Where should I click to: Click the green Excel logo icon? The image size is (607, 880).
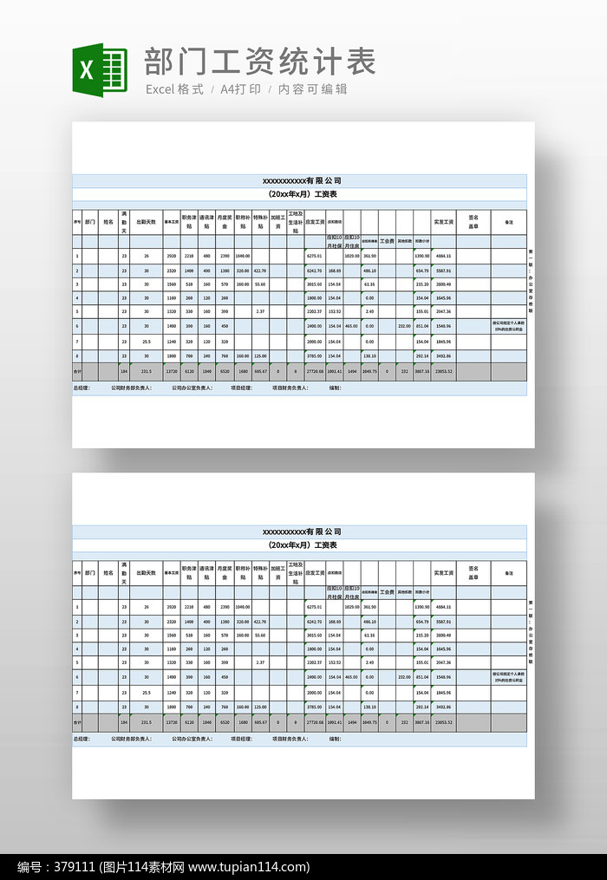tap(87, 70)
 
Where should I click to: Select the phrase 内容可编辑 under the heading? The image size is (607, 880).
tap(312, 89)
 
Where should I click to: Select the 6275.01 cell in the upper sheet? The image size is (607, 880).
tap(314, 256)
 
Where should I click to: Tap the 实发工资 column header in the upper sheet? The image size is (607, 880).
tap(443, 222)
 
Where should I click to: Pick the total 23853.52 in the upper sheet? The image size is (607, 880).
tap(443, 371)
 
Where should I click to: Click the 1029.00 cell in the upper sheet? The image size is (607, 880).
tap(351, 256)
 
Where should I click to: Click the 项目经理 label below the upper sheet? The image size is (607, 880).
tap(242, 388)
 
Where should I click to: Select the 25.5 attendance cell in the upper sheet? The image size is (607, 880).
tap(147, 341)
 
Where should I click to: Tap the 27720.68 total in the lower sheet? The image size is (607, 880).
tap(314, 722)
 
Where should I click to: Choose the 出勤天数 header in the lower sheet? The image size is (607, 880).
tap(147, 573)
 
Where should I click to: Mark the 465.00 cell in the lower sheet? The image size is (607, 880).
tap(351, 677)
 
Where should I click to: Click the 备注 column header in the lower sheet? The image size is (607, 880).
tap(508, 573)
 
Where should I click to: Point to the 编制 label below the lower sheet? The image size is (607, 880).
tap(335, 740)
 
